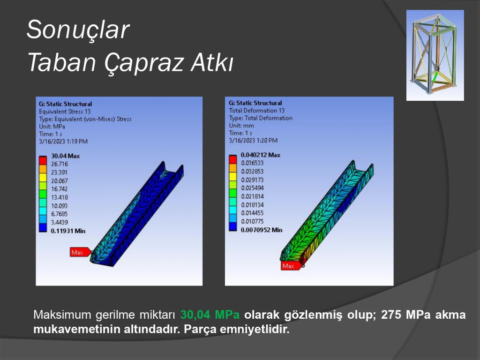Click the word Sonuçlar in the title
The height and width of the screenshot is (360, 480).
78,30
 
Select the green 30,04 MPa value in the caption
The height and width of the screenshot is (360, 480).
210,315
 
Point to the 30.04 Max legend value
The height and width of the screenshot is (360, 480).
65,156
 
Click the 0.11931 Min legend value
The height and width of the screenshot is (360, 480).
68,231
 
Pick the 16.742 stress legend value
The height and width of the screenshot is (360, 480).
59,189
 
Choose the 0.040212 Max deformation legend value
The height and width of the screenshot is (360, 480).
260,155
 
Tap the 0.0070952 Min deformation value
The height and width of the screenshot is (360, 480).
262,230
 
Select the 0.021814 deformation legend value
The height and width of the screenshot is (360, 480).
252,196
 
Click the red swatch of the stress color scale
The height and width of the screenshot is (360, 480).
43,160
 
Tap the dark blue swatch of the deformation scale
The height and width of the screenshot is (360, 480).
233,226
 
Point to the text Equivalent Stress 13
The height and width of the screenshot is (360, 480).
65,112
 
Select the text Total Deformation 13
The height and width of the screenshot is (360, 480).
256,111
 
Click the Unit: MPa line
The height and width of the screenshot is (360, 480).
52,127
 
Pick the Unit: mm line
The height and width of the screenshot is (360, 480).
241,126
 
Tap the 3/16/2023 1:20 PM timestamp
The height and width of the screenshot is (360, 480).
253,141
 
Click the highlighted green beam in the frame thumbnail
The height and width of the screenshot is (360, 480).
435,77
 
